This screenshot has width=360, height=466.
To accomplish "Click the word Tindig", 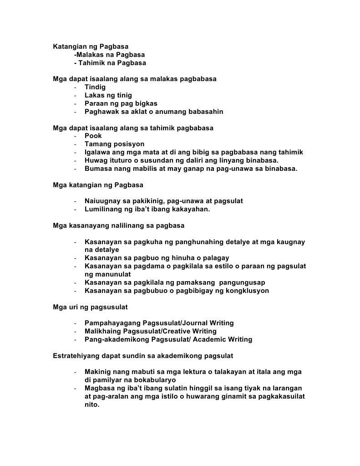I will pos(95,87).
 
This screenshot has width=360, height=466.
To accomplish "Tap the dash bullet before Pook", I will pos(75,136).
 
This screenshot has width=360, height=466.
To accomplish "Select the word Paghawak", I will pos(101,112).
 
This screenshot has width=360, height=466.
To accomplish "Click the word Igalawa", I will pos(98,152).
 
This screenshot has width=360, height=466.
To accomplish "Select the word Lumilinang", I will pos(103,209).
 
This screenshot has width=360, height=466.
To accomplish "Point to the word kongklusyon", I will pos(248,291).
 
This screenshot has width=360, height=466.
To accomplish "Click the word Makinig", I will pos(97,372).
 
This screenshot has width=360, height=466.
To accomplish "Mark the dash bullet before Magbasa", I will pos(75,388).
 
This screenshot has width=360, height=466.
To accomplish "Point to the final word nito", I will pos(91,405).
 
